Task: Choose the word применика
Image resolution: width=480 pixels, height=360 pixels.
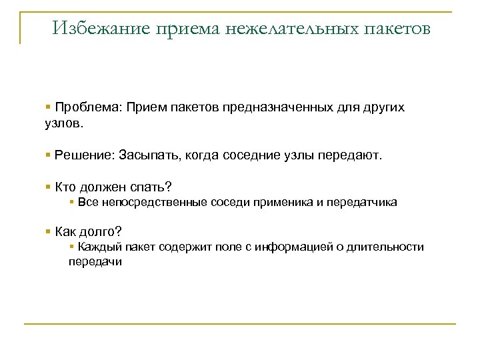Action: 279,202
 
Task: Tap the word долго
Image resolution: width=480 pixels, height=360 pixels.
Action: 102,232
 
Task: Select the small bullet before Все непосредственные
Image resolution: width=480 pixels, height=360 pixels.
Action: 71,201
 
